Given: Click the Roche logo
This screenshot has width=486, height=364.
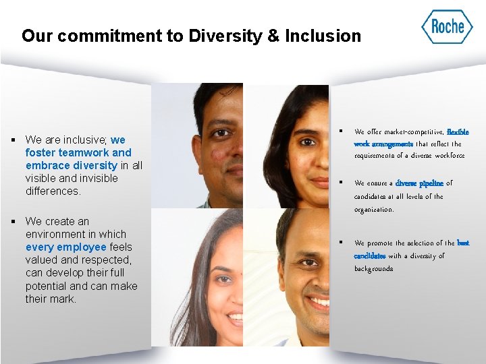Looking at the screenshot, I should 447,27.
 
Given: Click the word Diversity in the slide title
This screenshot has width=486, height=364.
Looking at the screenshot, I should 224,36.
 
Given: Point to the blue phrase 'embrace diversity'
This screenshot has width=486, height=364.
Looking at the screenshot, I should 71,165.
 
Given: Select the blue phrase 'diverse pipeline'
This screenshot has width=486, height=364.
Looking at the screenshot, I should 419,183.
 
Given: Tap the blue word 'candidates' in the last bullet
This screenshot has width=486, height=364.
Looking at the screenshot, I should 370,256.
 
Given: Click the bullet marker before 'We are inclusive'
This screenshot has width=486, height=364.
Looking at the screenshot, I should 13,140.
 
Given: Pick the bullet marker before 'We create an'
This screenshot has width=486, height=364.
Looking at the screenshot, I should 13,221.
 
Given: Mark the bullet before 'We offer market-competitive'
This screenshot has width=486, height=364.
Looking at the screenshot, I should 342,131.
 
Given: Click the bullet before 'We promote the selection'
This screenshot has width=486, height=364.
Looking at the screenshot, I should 342,242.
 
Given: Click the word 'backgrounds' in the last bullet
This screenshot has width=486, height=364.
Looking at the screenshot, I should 373,269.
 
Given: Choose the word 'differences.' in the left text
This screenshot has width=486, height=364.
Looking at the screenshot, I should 53,191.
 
